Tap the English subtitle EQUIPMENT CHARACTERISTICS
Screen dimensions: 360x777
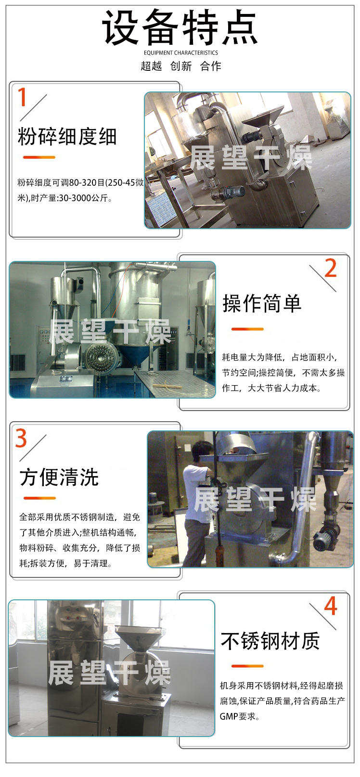(180, 53)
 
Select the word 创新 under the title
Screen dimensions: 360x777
(180, 66)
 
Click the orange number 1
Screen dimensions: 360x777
(22, 97)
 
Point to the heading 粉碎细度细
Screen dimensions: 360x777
(67, 136)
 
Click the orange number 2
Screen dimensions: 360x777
(331, 268)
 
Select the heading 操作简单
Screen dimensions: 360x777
(262, 303)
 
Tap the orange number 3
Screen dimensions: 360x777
(21, 438)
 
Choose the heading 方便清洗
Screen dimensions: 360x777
(59, 477)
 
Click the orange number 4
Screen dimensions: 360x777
(331, 606)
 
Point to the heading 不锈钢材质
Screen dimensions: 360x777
(270, 641)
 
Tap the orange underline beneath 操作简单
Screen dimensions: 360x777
(247, 329)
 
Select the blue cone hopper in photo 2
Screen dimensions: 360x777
(129, 354)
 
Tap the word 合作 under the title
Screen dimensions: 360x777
(210, 66)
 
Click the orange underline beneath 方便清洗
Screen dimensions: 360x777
(39, 498)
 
